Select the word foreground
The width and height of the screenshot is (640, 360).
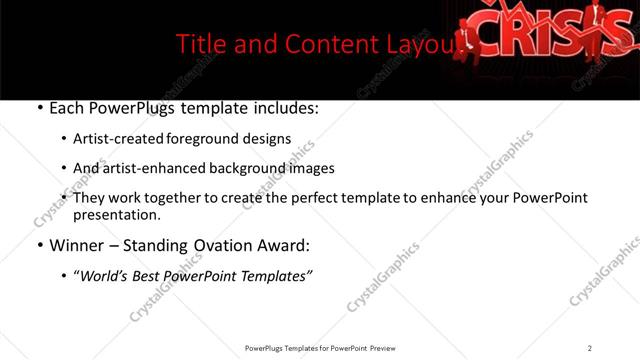(199, 139)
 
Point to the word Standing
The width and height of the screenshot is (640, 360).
(171, 245)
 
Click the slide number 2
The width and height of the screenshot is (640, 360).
(590, 348)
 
